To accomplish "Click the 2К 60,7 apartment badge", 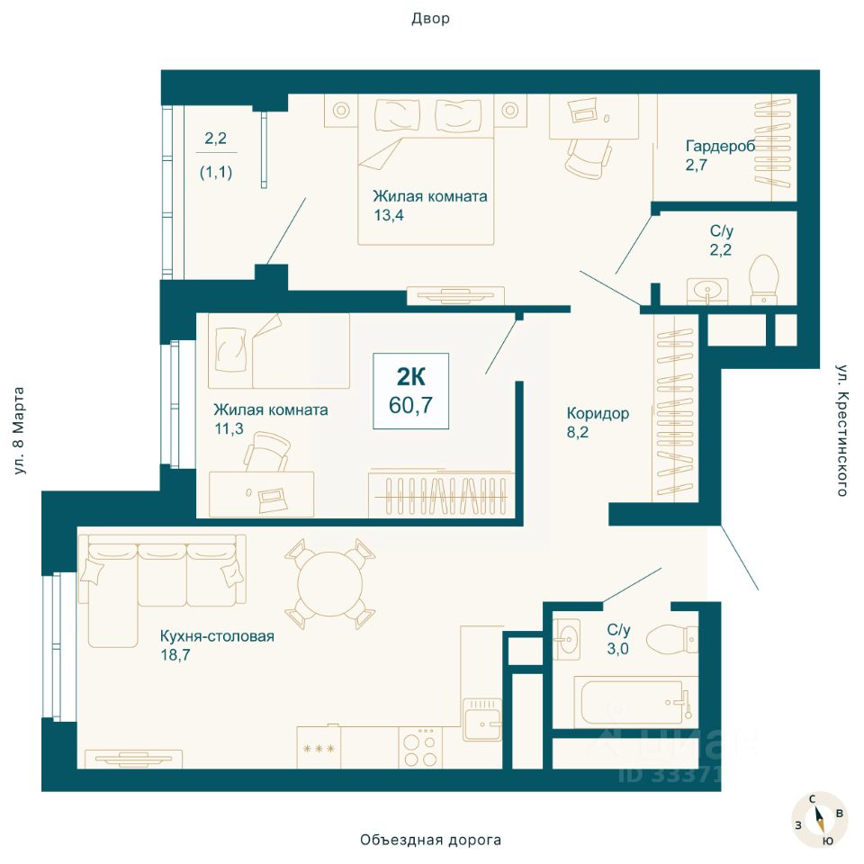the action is pos(410,391).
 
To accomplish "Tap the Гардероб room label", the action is pos(720,146).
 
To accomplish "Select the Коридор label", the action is pos(598,413).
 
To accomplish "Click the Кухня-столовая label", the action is pos(217,636).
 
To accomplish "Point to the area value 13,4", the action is pos(389,215).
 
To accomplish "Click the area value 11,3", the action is pos(229,428).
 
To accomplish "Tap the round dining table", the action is pos(330,584).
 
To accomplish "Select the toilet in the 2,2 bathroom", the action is pos(765,278).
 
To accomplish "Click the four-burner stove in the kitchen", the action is pos(420,748).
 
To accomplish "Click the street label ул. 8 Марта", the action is pos(19,430).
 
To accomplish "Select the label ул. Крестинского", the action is pos(841,430).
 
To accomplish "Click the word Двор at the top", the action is pos(430,19).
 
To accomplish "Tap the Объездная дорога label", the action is pos(431,840).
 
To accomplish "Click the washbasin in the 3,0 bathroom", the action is pos(566,639).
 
